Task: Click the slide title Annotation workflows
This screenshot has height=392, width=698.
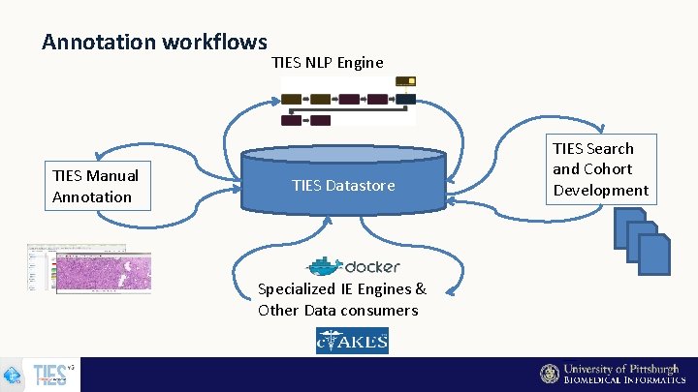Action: coord(154,42)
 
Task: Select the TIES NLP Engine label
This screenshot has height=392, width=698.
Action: coord(328,62)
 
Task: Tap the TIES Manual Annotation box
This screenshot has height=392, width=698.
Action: coord(95,186)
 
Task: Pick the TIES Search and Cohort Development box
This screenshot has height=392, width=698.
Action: coord(600,169)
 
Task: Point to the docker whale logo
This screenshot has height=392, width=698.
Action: coord(325,266)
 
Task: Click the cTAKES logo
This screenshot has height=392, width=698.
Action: coord(352,341)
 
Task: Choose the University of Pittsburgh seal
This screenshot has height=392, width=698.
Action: coord(550,374)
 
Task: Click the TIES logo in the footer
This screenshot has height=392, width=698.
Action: coord(50,375)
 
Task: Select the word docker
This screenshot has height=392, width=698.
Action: coord(372,266)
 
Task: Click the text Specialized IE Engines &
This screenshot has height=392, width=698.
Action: coord(341,288)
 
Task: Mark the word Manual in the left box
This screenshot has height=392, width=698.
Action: coord(111,175)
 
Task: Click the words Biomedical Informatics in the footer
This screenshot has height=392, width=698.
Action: coord(624,380)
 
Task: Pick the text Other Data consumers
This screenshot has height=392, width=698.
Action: coord(337,310)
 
